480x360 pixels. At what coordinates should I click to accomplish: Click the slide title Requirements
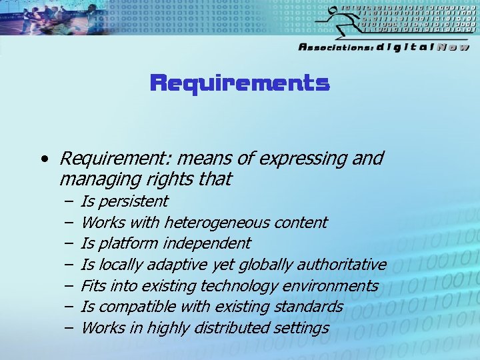pos(239,83)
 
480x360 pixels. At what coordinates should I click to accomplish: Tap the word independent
pos(210,243)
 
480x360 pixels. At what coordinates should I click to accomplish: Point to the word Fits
pos(92,286)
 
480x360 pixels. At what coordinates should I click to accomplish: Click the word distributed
pos(235,327)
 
